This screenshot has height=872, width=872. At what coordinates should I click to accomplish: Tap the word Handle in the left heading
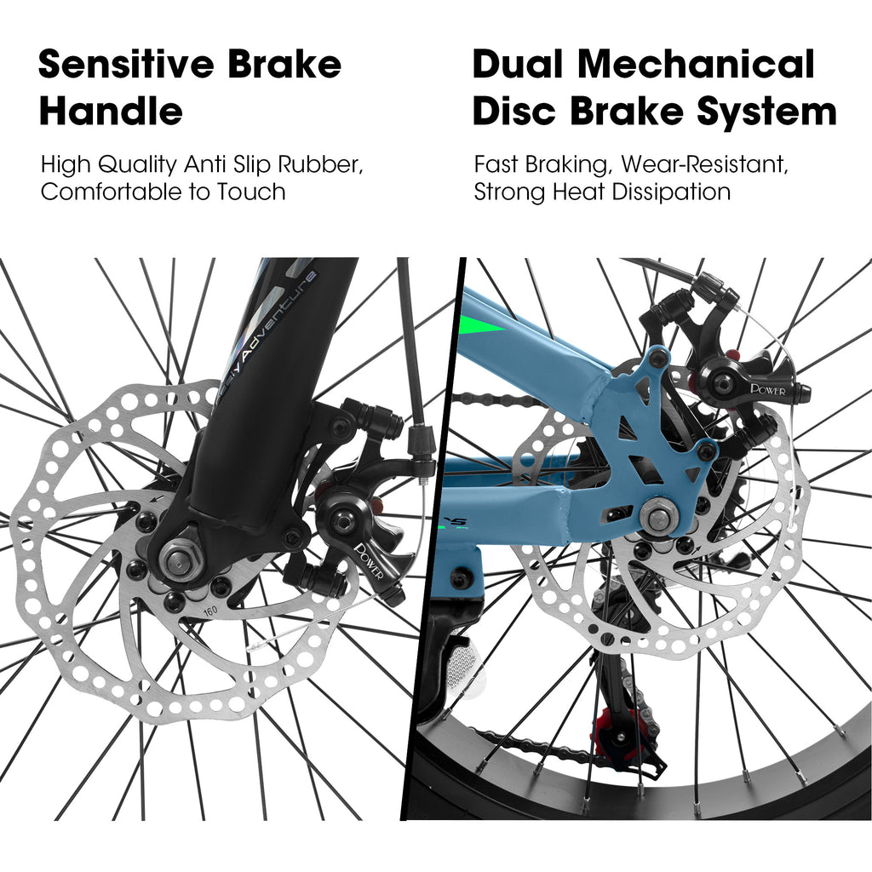[x=111, y=112]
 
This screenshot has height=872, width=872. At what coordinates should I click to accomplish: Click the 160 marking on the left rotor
[x=209, y=610]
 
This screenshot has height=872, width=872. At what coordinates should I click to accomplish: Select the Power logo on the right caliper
[x=767, y=389]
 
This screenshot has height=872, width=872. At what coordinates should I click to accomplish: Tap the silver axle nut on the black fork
[x=178, y=559]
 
